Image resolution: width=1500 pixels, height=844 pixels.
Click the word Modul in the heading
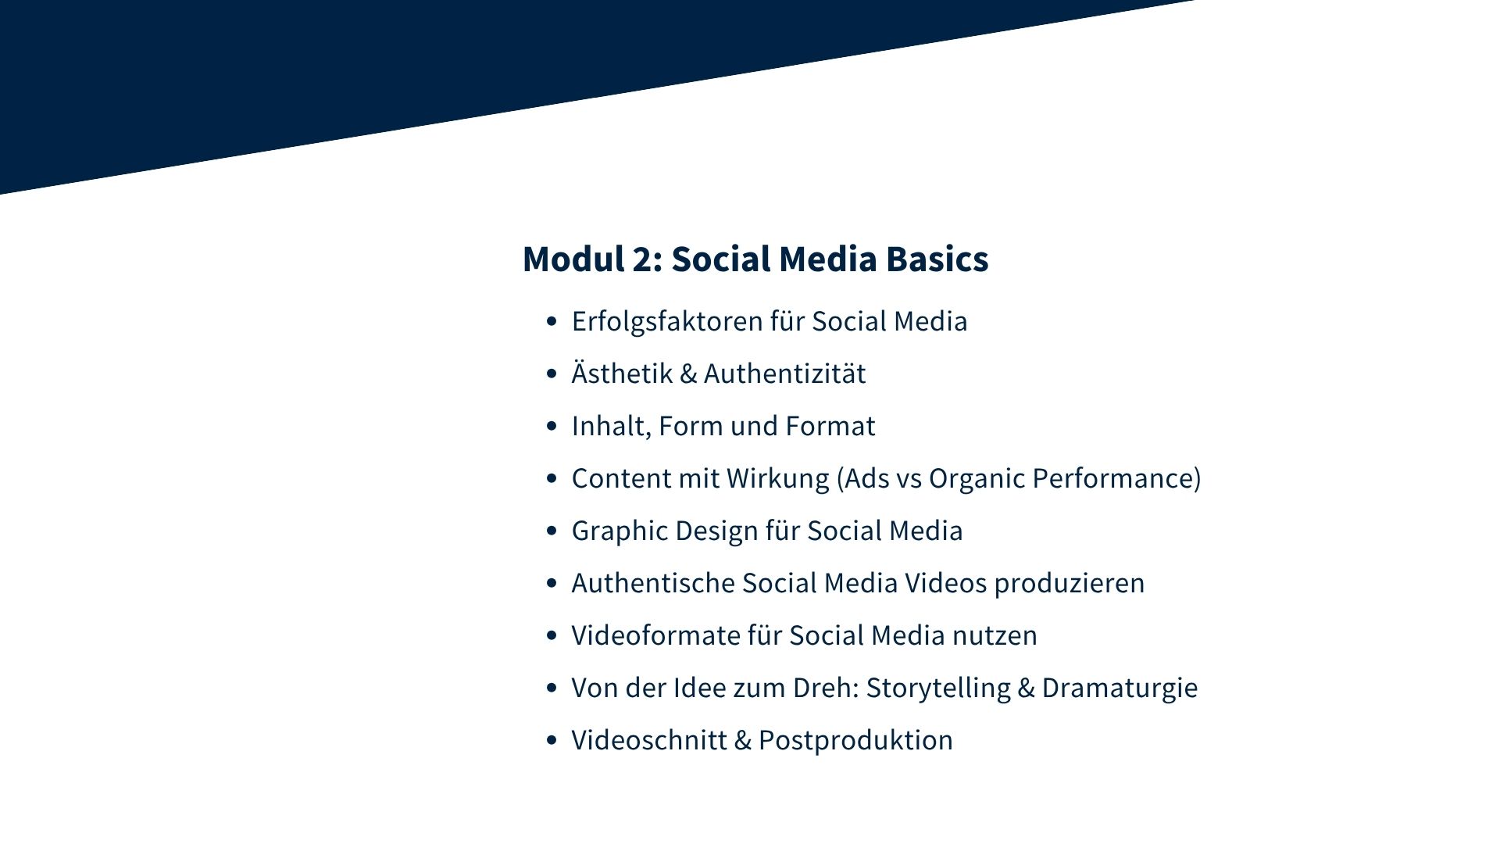(573, 259)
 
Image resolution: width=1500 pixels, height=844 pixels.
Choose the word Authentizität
(784, 373)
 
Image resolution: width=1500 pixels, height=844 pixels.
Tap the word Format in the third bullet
(830, 426)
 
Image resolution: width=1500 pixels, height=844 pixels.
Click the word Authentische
(653, 583)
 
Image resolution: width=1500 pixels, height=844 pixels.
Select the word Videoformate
(655, 635)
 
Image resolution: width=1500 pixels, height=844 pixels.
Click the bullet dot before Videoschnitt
(552, 740)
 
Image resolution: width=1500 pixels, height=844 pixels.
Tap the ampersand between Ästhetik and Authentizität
(688, 374)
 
